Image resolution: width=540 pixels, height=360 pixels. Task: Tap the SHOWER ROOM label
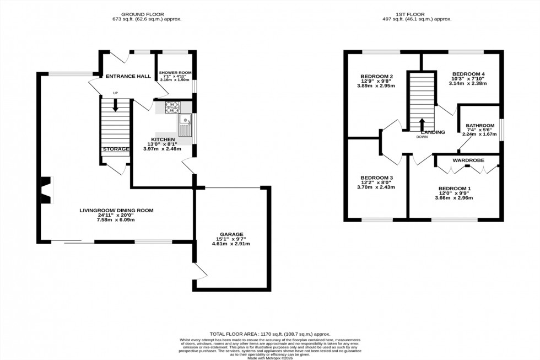[175, 73]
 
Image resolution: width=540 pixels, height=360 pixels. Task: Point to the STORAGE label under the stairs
[115, 149]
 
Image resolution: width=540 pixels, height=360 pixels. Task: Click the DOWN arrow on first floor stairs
[422, 123]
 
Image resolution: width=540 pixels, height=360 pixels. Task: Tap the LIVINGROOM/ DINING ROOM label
[116, 210]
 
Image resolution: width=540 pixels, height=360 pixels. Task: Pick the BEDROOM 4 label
[469, 74]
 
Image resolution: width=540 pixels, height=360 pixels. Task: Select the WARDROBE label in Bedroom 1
[468, 160]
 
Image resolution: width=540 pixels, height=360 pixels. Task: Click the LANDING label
[433, 132]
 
